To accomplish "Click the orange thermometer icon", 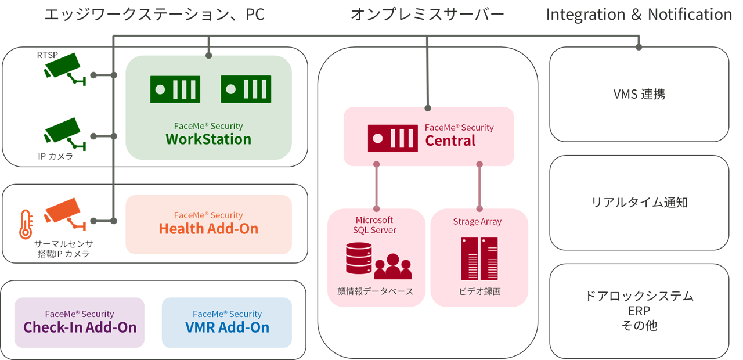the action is (26, 224).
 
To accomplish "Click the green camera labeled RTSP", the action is (65, 69).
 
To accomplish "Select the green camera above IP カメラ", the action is (65, 134).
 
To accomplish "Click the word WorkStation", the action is (208, 139).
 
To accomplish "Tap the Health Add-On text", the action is (208, 229).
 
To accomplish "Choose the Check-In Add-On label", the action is (80, 327).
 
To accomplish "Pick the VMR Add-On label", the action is (227, 327).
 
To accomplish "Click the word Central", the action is (450, 141).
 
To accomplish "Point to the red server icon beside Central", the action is (393, 138).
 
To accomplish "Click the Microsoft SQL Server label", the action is (374, 225).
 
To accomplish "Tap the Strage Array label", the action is (477, 222).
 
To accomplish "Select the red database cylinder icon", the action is (359, 258).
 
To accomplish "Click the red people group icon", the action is (393, 267).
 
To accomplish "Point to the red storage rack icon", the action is (479, 258).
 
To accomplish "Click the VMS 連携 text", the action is (639, 94).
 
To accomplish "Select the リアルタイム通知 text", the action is (640, 203).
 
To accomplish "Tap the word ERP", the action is (639, 311).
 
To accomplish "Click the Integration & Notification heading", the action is (639, 15).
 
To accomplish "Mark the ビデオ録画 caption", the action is (479, 291).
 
